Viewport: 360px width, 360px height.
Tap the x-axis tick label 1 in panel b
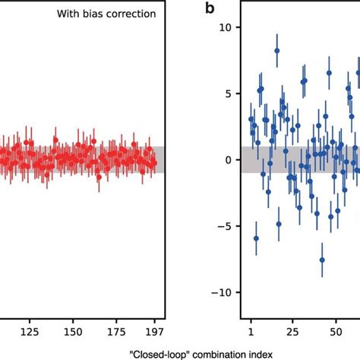point(251,332)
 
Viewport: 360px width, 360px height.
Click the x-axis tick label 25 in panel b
point(292,332)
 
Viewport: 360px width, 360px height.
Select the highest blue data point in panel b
point(277,50)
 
